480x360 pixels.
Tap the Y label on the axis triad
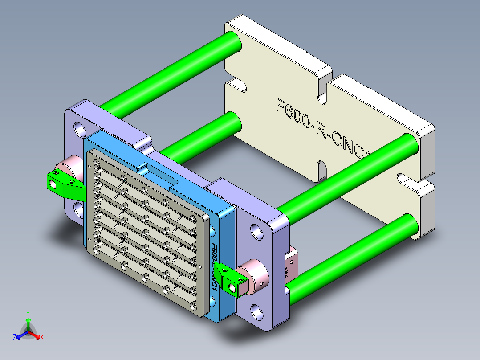tap(28, 313)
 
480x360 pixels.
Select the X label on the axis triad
tap(42, 338)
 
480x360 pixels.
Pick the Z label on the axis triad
tap(15, 338)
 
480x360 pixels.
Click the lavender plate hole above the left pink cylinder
tap(81, 129)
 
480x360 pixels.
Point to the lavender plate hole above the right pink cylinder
tap(257, 231)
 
